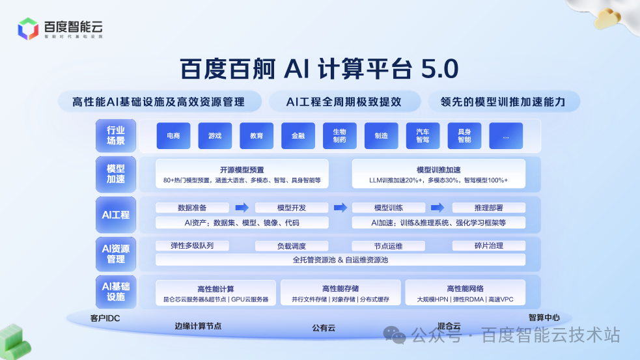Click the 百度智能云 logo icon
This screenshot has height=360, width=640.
pyautogui.click(x=29, y=29)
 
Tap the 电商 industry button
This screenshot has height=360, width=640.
pyautogui.click(x=173, y=135)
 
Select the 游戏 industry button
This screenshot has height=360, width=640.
pyautogui.click(x=215, y=135)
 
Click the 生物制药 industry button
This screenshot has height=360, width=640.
pyautogui.click(x=340, y=135)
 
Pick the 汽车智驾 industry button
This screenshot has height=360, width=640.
pyautogui.click(x=423, y=135)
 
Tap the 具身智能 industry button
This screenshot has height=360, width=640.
pyautogui.click(x=464, y=135)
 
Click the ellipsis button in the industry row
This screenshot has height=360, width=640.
pyautogui.click(x=506, y=135)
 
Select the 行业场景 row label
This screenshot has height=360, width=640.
pyautogui.click(x=116, y=135)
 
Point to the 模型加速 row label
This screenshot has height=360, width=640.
pyautogui.click(x=116, y=174)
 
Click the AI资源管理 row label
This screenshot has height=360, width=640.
pyautogui.click(x=116, y=254)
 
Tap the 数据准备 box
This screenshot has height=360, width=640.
pyautogui.click(x=192, y=208)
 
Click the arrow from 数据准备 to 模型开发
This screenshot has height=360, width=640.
pyautogui.click(x=242, y=208)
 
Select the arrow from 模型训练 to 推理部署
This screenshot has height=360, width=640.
pyautogui.click(x=438, y=208)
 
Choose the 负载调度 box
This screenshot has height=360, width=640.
pyautogui.click(x=291, y=246)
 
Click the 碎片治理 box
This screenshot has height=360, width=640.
pyautogui.click(x=488, y=246)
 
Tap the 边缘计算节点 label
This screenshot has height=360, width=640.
pyautogui.click(x=198, y=326)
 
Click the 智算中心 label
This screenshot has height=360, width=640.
pyautogui.click(x=544, y=318)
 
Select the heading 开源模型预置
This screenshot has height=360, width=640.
pyautogui.click(x=242, y=170)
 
